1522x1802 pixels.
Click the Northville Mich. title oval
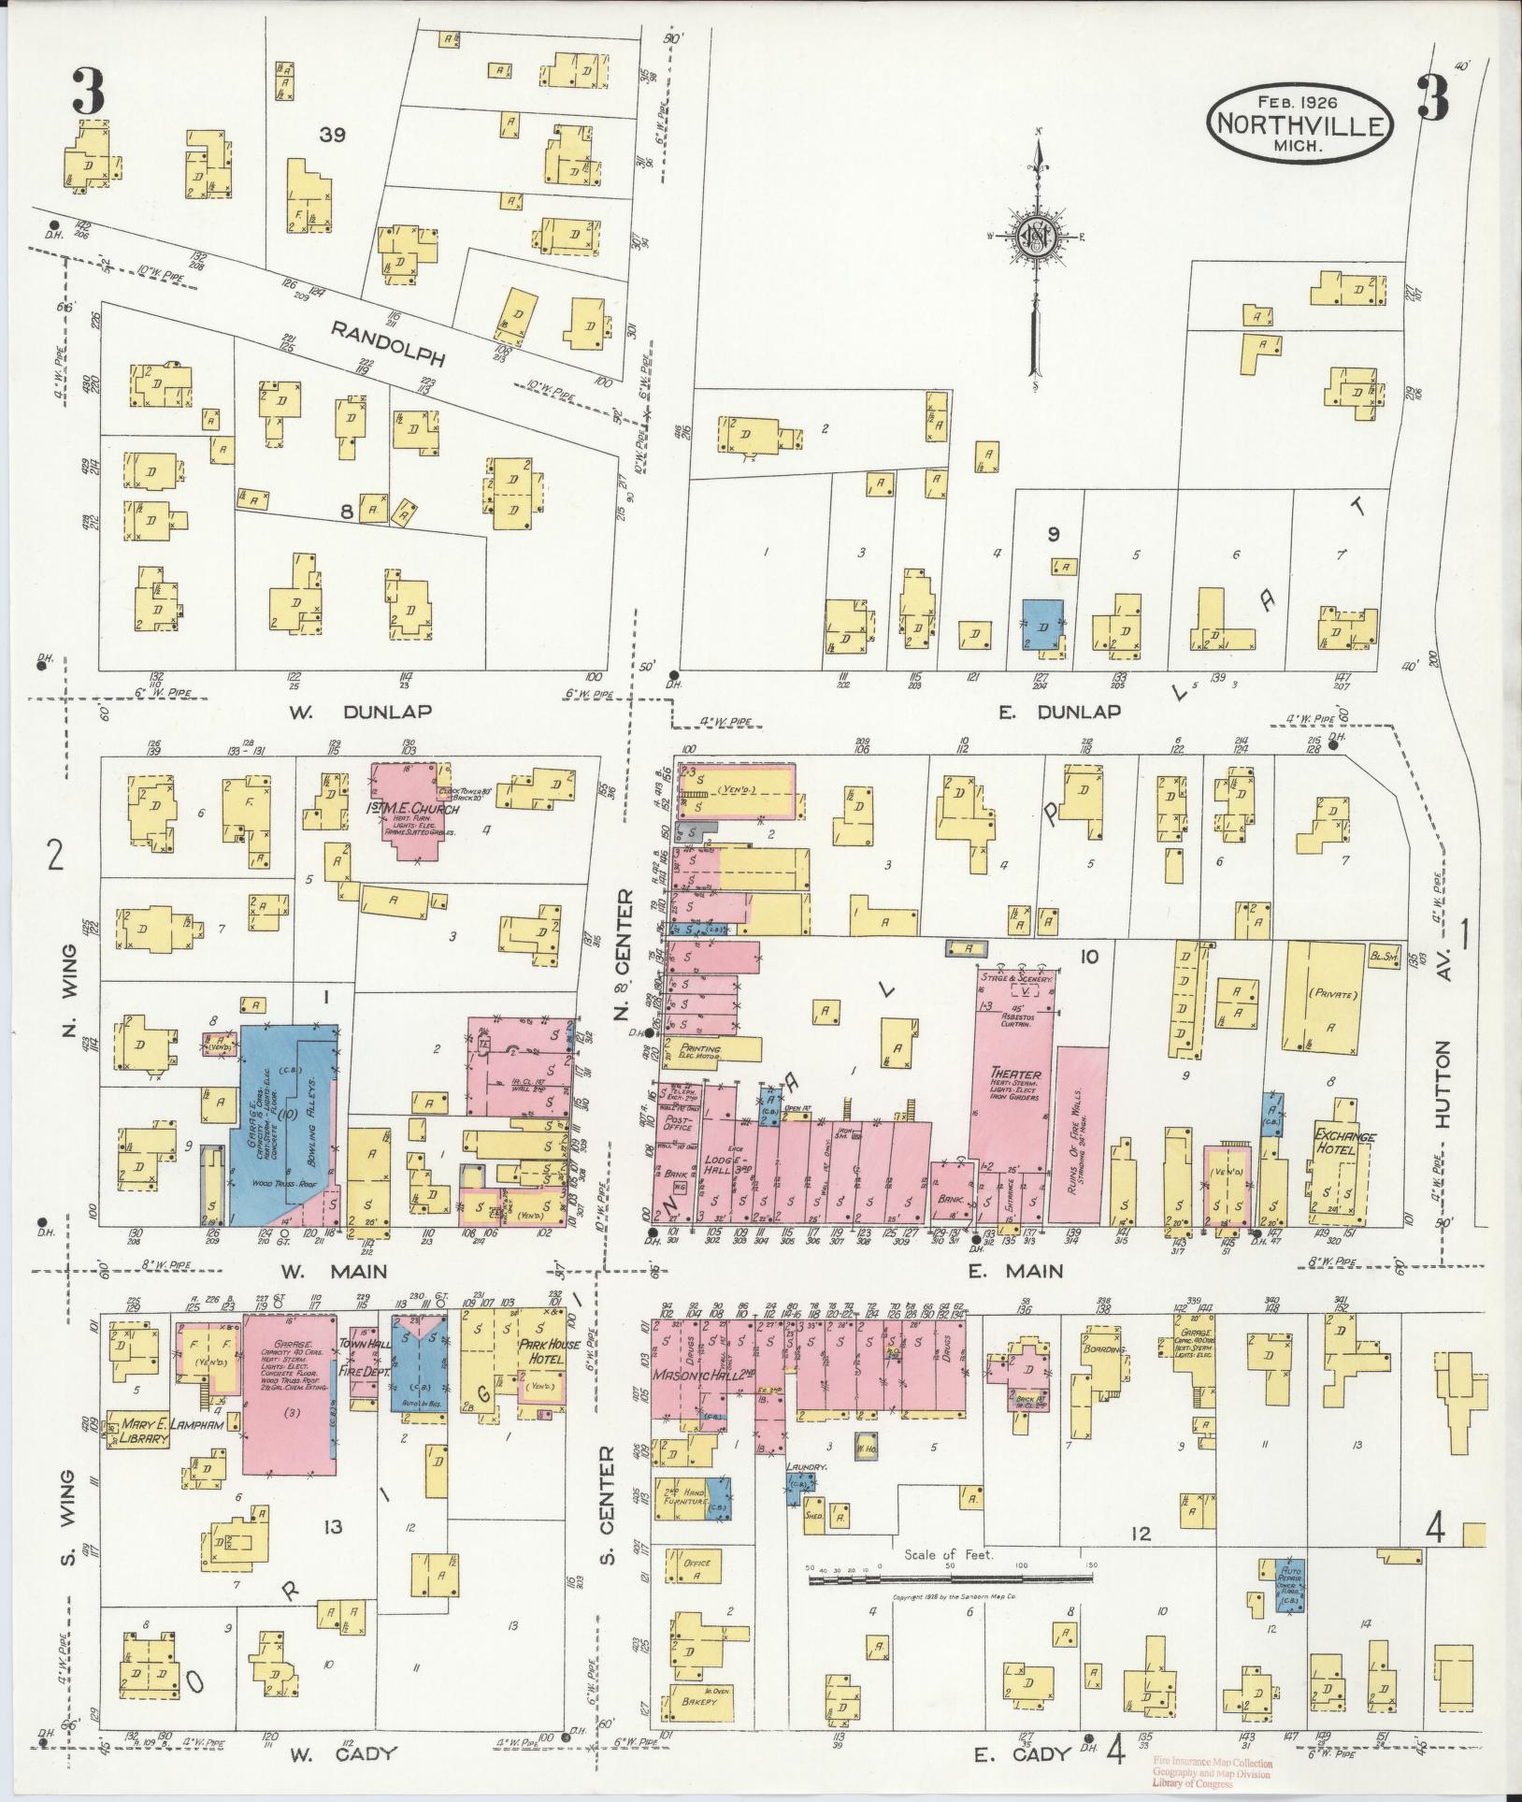(x=1300, y=124)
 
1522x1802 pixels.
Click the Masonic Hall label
(x=695, y=1377)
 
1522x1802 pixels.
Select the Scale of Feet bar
(x=950, y=1579)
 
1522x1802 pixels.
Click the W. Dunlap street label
(x=359, y=712)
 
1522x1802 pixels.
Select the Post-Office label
(x=673, y=1122)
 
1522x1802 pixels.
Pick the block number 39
(x=332, y=135)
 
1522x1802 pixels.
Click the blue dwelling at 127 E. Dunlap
(x=1041, y=625)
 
